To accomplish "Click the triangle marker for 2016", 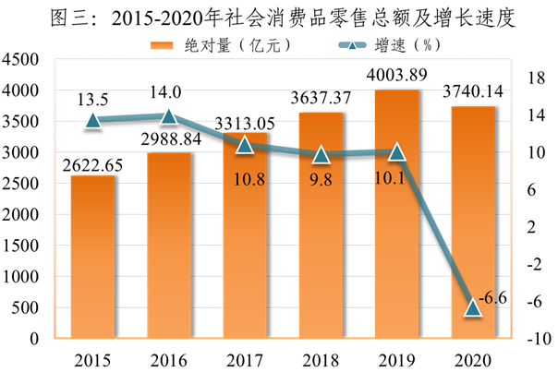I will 169,115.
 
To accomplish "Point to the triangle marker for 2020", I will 474,307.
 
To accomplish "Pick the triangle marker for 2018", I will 321,154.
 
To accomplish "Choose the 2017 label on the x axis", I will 245,357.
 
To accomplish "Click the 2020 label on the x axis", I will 473,357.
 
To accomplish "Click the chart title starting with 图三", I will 280,18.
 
